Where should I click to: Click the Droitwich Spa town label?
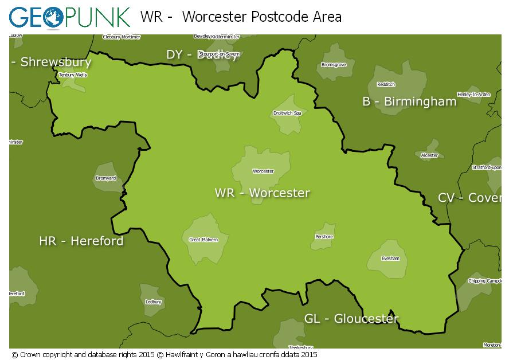pos(287,113)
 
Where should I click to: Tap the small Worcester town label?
pos(263,171)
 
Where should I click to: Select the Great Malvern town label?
pos(203,240)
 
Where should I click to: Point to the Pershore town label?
pos(324,237)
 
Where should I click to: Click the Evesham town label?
pos(390,259)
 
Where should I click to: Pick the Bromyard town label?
pos(105,178)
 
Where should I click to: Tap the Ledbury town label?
pos(154,302)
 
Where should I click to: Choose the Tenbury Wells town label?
pos(73,75)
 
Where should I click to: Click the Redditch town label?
pos(386,84)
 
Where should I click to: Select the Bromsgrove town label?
pos(334,65)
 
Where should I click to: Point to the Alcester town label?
pos(429,155)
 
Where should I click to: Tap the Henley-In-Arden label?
pos(473,94)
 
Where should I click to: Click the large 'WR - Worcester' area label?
pos(263,193)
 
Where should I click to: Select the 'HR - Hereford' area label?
pos(81,241)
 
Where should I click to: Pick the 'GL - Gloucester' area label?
pos(351,319)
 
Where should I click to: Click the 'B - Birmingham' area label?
pos(409,102)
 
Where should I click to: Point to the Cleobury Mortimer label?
pos(121,37)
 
